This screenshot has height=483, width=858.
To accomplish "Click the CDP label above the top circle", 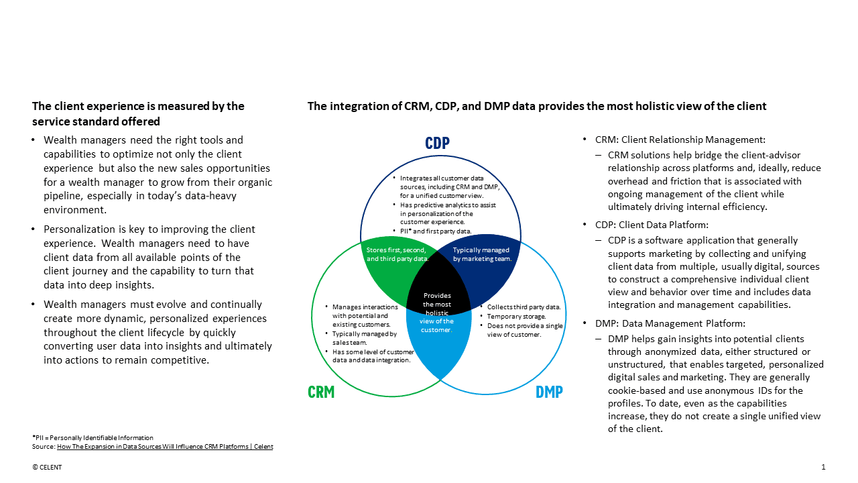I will (437, 142).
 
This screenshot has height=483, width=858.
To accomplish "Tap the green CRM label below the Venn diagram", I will (321, 392).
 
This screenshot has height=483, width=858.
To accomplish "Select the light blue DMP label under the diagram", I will (549, 392).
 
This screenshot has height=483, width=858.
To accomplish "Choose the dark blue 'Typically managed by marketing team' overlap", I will (481, 254).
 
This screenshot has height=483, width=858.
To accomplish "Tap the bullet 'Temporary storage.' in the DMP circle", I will (516, 316).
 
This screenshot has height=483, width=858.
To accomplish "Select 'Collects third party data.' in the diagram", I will (524, 307).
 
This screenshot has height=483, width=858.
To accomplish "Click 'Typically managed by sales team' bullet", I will (365, 338).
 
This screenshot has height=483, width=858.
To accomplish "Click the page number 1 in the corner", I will (823, 467).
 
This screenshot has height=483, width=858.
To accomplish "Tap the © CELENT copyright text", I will (47, 468).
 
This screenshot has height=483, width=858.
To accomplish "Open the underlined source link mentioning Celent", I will (165, 447).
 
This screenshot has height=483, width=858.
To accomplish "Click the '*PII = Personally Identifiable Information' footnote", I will (93, 438).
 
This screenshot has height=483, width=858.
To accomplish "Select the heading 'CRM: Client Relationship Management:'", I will (680, 140).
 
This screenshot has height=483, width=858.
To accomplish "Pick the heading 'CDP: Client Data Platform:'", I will (652, 225).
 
